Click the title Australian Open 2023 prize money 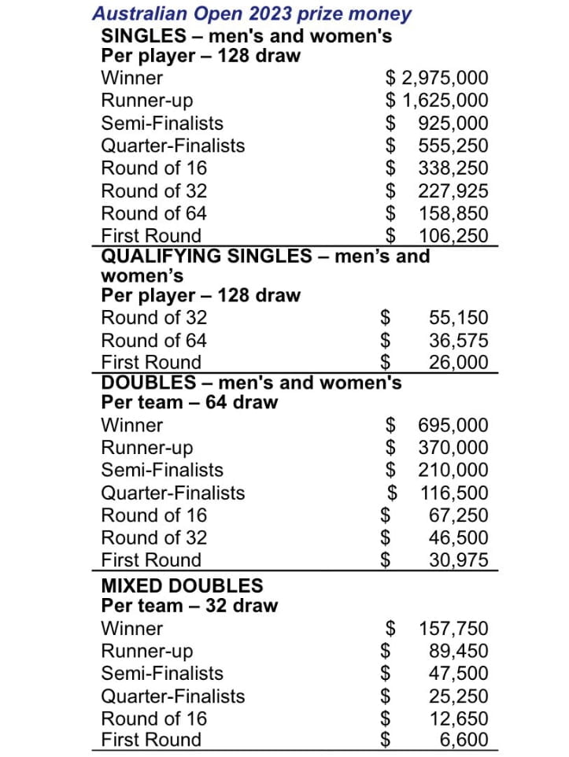pos(252,13)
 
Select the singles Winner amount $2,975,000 pos(437,78)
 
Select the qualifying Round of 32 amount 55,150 pos(458,318)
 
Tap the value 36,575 pos(458,341)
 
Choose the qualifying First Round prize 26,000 pos(458,363)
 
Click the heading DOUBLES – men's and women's pos(251,382)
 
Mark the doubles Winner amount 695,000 pos(453,426)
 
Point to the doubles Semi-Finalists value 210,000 pos(453,471)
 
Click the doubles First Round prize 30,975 pos(458,560)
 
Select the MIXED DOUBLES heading pos(182,585)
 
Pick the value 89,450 pos(458,652)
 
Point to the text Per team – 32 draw pos(189,606)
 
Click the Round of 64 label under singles pos(154,213)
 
